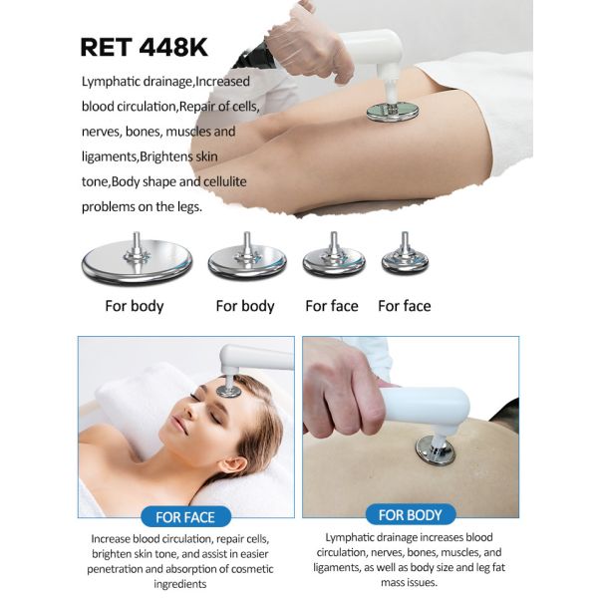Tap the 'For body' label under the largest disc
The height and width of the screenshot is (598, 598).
(135, 306)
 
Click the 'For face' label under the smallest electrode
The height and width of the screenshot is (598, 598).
(404, 306)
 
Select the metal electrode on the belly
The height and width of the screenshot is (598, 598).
(434, 449)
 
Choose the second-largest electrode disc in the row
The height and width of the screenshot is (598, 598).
(246, 262)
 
